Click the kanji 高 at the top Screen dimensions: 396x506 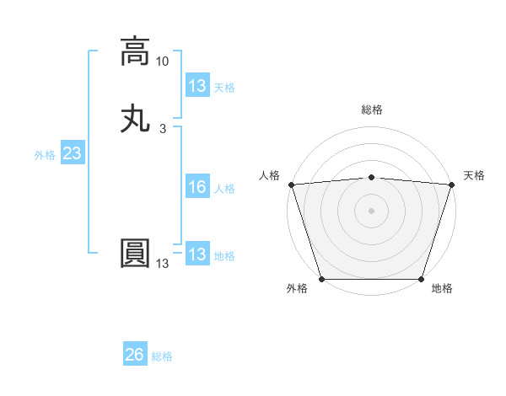(135, 51)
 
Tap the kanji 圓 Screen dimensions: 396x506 (135, 254)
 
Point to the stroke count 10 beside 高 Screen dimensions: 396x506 (163, 62)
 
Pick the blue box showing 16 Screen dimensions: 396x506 (196, 188)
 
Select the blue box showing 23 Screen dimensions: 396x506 (72, 154)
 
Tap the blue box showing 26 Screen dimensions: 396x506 (135, 356)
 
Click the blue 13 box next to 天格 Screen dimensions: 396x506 (196, 86)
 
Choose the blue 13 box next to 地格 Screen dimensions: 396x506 (196, 254)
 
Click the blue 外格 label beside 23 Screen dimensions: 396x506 (45, 155)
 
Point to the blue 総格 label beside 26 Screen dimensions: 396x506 (162, 356)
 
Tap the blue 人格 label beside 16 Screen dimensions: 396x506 (224, 189)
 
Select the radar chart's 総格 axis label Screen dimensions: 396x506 (372, 110)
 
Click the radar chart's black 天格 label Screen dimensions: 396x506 (474, 175)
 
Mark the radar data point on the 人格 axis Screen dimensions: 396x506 (291, 185)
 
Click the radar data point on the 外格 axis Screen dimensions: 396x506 (322, 279)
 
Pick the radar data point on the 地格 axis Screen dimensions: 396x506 (422, 279)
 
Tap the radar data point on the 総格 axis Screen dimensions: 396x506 (372, 177)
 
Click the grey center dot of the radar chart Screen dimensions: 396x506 (372, 211)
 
